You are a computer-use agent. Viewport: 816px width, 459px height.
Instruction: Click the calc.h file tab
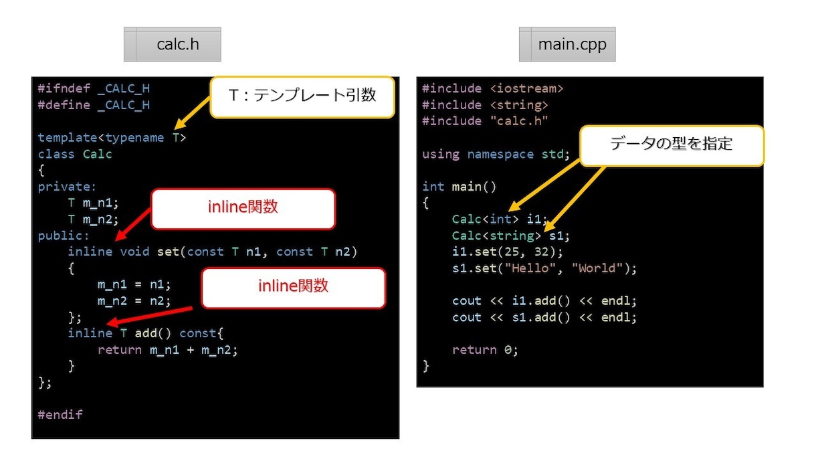click(173, 44)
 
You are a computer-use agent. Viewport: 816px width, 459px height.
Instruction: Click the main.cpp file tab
click(567, 44)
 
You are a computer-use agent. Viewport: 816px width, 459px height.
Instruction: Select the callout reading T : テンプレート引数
click(302, 97)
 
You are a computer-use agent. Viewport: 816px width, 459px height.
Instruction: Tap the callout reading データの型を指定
click(672, 146)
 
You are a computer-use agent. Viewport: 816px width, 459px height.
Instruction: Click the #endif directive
click(60, 415)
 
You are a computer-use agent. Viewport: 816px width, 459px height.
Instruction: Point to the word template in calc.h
click(68, 138)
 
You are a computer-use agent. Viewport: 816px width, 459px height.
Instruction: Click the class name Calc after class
click(97, 154)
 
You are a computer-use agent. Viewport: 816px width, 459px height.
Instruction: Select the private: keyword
click(67, 187)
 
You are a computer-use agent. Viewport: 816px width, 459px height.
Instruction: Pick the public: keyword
click(64, 236)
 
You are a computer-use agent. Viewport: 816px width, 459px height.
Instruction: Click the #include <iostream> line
click(492, 88)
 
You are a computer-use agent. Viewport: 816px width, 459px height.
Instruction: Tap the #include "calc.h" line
click(485, 121)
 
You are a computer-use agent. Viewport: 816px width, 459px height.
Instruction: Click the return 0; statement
click(485, 350)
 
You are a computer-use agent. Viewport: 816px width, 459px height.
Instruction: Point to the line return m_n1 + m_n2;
click(168, 350)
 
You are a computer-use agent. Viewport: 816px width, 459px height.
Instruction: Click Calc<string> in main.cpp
click(496, 236)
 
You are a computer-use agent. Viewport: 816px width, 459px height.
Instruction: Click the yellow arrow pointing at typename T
click(192, 113)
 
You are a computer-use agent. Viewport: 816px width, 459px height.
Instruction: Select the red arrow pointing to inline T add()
click(149, 316)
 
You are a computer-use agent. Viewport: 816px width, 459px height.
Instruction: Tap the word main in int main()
click(467, 187)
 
